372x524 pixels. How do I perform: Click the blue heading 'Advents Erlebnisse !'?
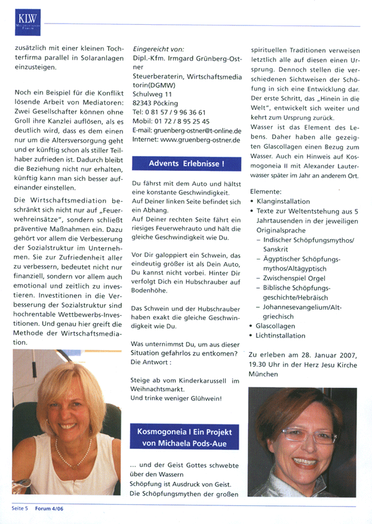(187, 164)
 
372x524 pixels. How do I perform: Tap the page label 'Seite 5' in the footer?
(20, 509)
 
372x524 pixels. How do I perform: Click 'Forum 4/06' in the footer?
(48, 509)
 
